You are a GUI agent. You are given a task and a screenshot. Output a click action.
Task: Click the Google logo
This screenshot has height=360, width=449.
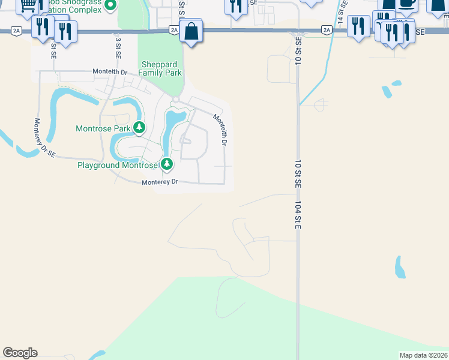(20, 353)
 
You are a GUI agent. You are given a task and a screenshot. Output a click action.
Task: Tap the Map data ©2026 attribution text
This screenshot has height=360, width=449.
(423, 355)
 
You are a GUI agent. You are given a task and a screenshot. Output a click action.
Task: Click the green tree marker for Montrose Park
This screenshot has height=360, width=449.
(139, 127)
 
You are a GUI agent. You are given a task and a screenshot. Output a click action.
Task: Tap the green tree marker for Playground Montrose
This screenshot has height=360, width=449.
(167, 163)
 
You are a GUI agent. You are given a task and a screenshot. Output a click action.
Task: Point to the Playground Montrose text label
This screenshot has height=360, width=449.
(118, 165)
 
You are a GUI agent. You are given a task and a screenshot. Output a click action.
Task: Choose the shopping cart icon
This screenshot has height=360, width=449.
(27, 5)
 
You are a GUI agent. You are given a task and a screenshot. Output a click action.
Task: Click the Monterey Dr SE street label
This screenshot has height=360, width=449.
(45, 137)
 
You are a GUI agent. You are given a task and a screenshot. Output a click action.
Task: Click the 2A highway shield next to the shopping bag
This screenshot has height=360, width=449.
(174, 29)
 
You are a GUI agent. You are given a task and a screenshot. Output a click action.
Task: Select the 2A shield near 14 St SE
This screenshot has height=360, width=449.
(327, 29)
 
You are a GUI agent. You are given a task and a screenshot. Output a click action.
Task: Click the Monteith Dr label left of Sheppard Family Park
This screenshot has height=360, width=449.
(110, 71)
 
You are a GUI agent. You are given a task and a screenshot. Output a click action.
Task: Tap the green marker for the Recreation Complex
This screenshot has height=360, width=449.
(110, 6)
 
